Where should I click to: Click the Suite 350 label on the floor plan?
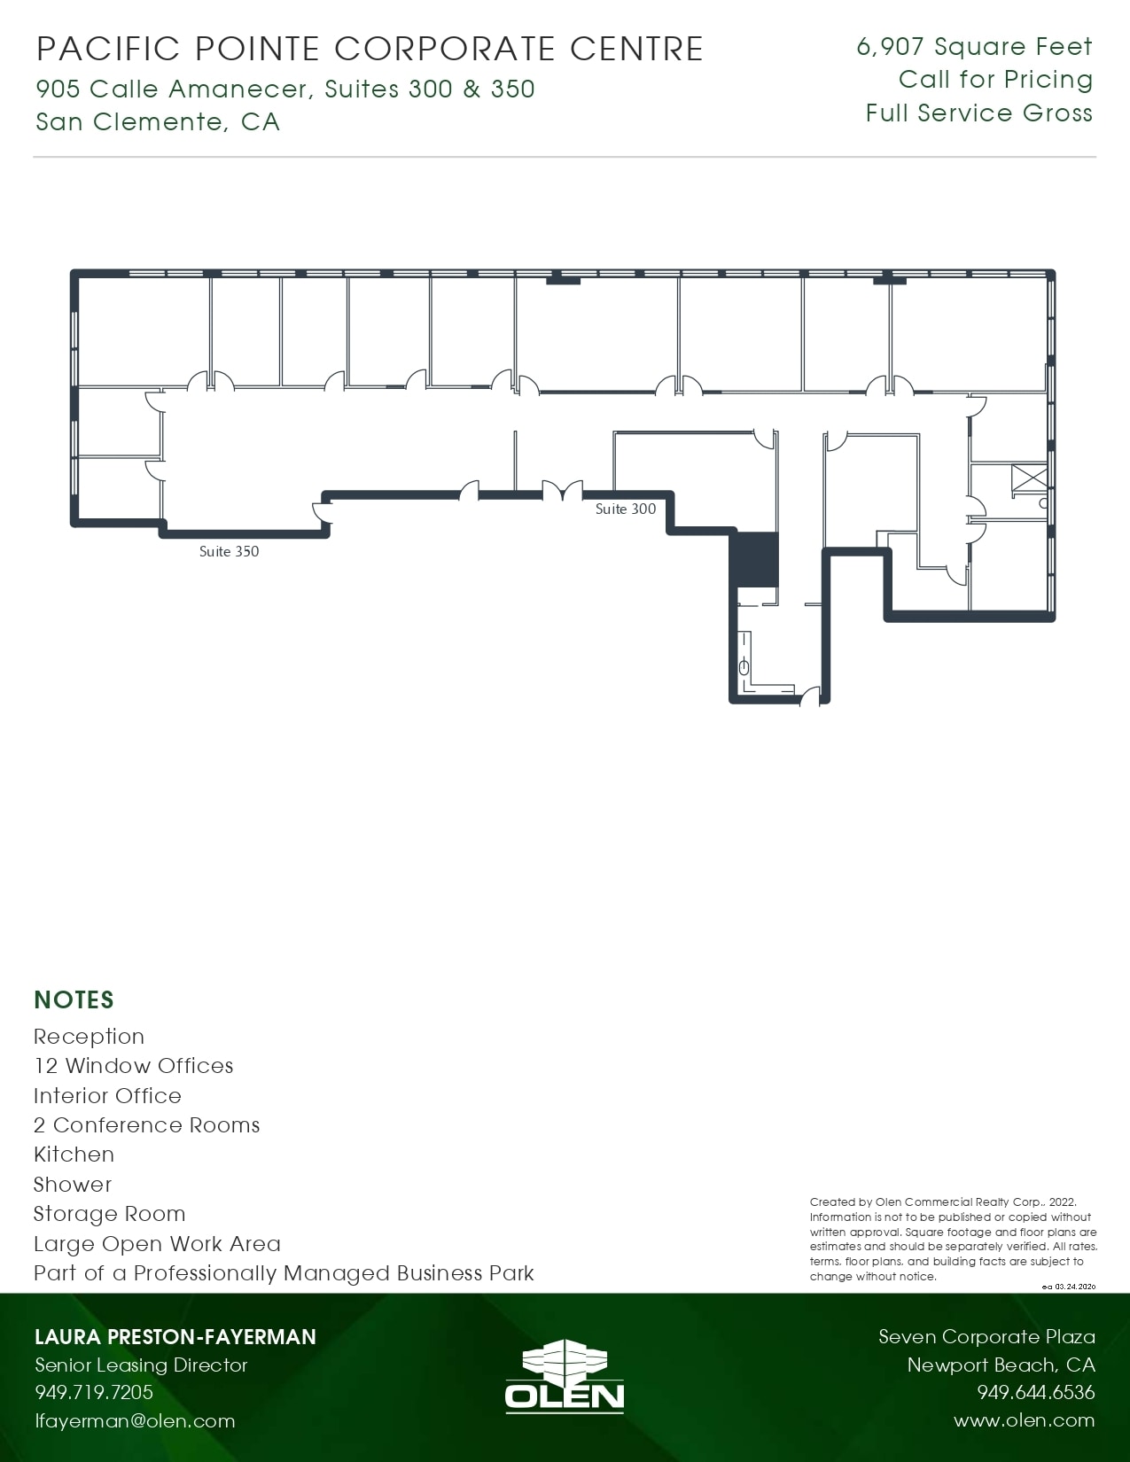point(229,551)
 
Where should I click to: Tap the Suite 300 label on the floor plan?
point(626,509)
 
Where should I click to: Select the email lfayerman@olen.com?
point(135,1420)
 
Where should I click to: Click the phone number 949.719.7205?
point(94,1392)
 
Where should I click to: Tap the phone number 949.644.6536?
point(1035,1392)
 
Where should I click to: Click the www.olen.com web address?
point(1024,1420)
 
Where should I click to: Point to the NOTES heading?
point(74,999)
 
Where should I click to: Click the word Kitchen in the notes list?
point(74,1154)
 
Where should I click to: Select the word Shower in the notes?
point(73,1184)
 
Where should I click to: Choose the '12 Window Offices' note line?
point(133,1065)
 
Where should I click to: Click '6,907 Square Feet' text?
point(974,46)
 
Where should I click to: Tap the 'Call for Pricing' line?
point(995,79)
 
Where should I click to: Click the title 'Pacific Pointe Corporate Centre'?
point(370,48)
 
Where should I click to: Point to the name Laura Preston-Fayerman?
point(175,1336)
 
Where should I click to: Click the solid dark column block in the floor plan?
point(754,559)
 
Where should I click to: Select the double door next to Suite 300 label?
point(562,490)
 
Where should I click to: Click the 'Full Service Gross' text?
point(978,113)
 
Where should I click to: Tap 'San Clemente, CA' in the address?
point(158,121)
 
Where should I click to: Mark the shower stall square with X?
point(1030,476)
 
